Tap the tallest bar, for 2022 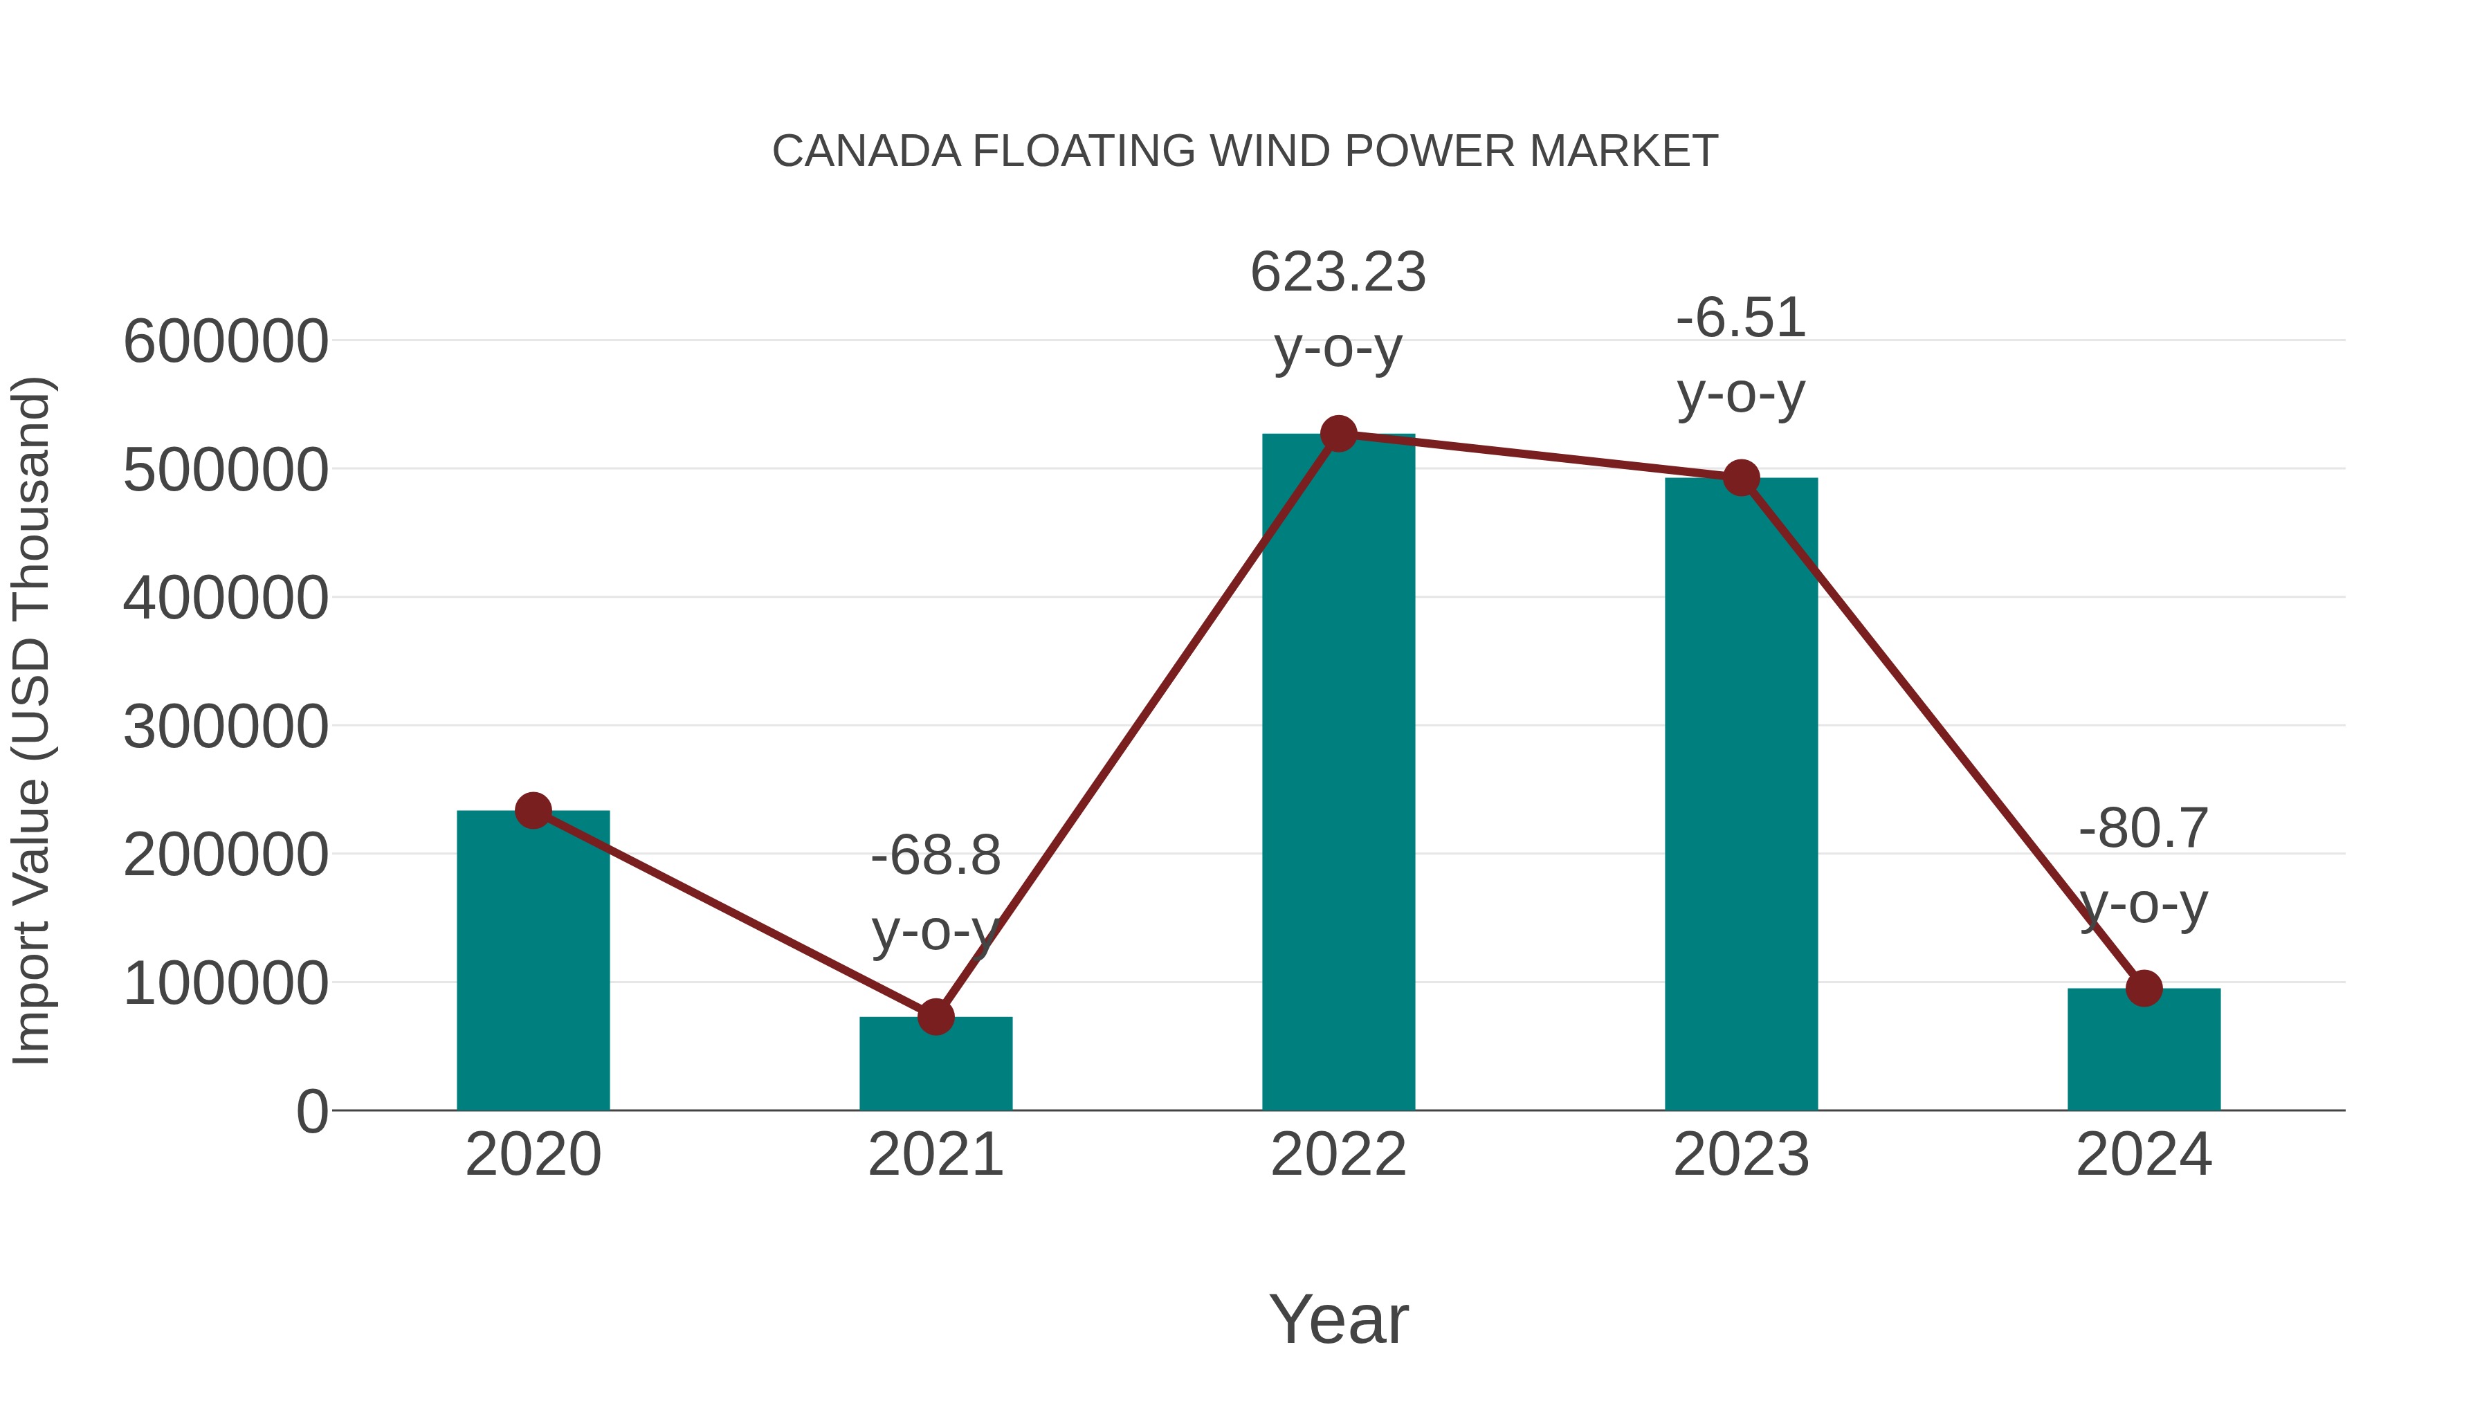(1338, 773)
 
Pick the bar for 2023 (1741, 793)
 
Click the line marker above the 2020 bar (533, 810)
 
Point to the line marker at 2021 (935, 1016)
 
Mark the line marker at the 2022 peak (1338, 434)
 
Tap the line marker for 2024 (2144, 988)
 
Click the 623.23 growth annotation (1338, 272)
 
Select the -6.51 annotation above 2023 (1741, 318)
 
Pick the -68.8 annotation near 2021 (935, 856)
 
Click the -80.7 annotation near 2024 (2144, 829)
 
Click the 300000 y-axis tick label (226, 726)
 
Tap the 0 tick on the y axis (311, 1111)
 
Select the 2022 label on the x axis (1338, 1155)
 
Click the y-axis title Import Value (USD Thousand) (32, 720)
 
